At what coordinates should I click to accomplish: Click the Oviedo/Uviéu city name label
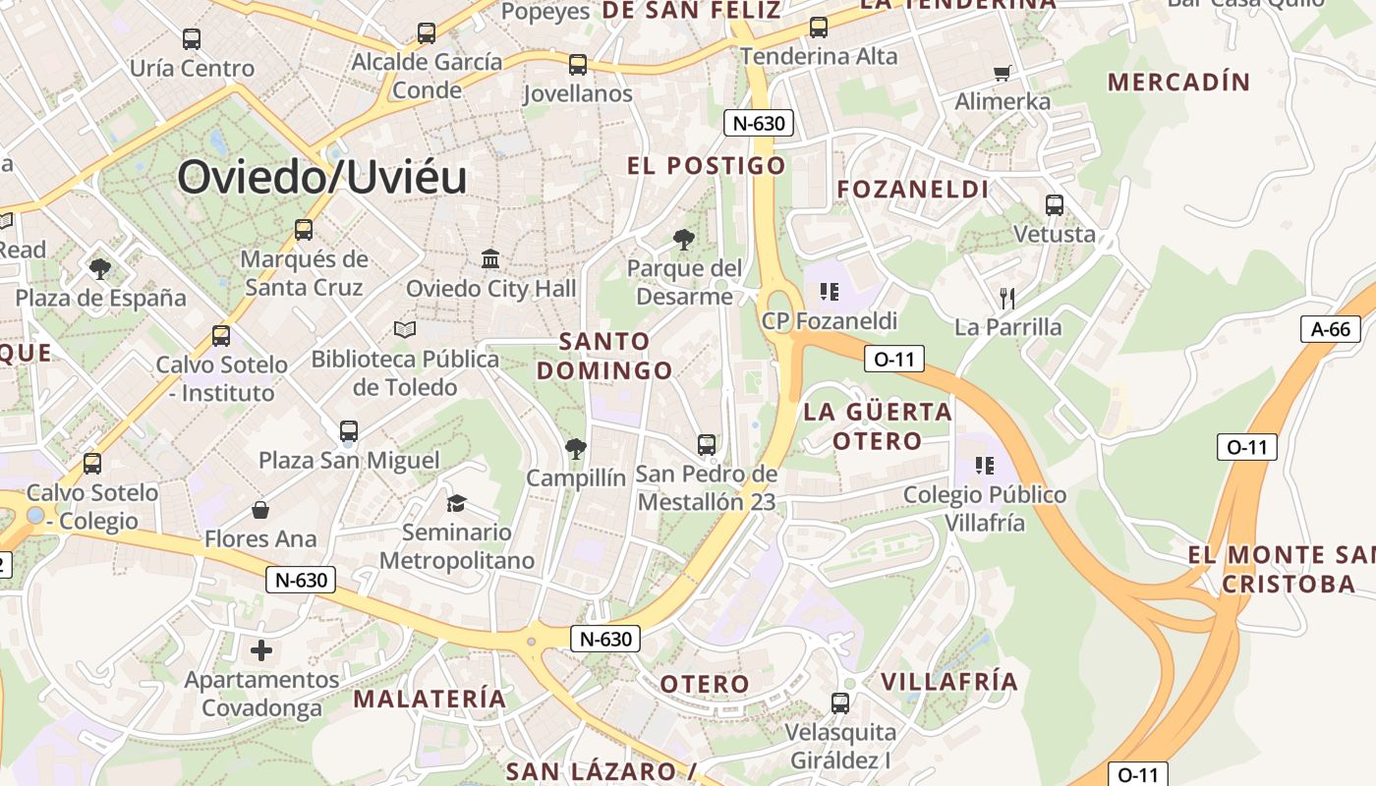tap(321, 178)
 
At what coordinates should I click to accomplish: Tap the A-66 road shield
tap(1331, 329)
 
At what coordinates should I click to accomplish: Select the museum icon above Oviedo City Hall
tap(490, 258)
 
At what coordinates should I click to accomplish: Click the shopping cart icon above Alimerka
tap(1003, 73)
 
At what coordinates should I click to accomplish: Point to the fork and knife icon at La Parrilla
tap(1006, 297)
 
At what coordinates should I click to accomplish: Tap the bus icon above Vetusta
tap(1055, 205)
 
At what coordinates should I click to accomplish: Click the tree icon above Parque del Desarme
tap(684, 239)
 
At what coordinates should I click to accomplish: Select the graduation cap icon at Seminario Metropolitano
tap(456, 503)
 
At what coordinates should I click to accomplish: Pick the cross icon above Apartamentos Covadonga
tap(260, 650)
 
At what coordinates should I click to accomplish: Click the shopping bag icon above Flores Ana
tap(260, 510)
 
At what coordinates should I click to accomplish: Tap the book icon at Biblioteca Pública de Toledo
tap(405, 329)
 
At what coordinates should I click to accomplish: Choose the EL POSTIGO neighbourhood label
tap(707, 166)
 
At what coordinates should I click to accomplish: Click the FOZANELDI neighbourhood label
tap(913, 189)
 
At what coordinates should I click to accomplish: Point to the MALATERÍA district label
tap(430, 699)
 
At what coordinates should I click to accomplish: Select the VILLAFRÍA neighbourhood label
tap(948, 682)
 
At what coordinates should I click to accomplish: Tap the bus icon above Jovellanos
tap(578, 65)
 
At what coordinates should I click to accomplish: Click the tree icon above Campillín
tap(576, 450)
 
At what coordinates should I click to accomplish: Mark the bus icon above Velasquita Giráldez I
tap(840, 703)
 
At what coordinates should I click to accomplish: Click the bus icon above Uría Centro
tap(192, 39)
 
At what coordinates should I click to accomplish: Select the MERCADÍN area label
tap(1178, 83)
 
